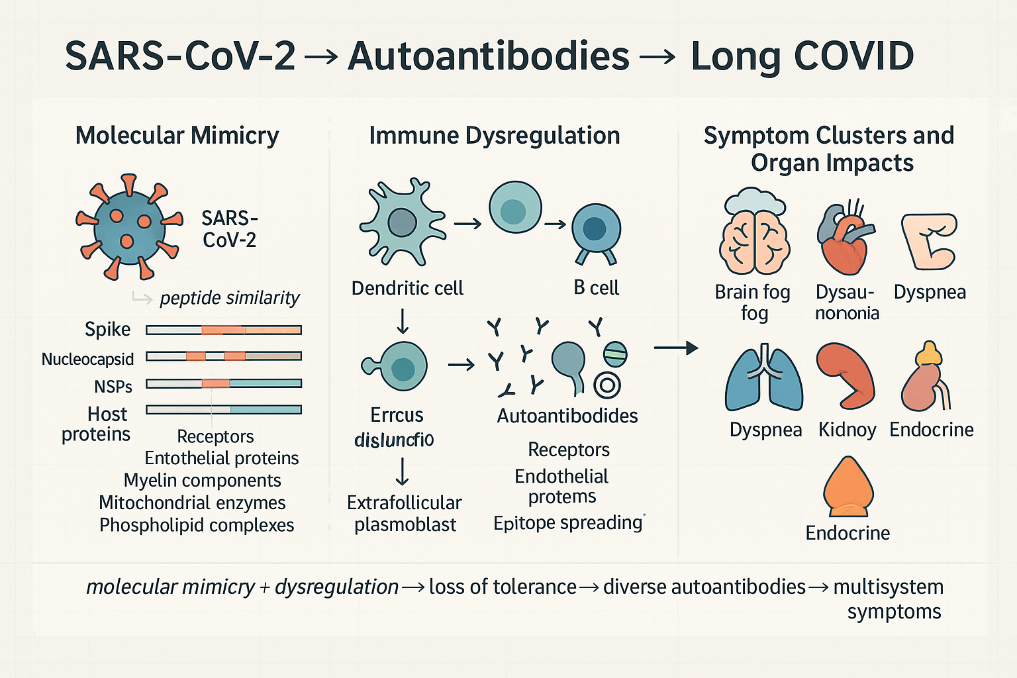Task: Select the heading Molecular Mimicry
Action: coord(177,135)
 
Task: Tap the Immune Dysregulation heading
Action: coord(494,135)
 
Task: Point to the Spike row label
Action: coord(107,329)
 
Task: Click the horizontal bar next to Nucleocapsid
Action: coord(224,356)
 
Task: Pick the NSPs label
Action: coord(113,386)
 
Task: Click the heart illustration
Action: coord(844,238)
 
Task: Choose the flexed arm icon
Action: coord(929,241)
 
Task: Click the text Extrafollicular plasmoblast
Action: coord(404,514)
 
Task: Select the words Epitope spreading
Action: coord(567,523)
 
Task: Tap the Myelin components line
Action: coord(202,480)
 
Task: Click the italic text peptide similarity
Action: coord(229,298)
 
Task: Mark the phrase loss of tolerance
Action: coord(503,587)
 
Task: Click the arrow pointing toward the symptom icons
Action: coord(675,348)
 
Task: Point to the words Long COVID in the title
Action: coord(802,56)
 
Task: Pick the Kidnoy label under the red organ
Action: coord(847,430)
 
